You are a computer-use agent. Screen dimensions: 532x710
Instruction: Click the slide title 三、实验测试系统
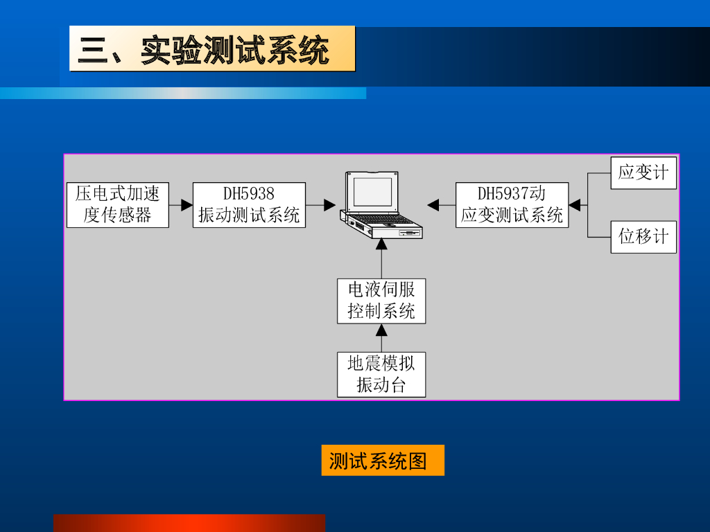click(x=211, y=49)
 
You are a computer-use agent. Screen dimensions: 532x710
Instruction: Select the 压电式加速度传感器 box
click(x=118, y=205)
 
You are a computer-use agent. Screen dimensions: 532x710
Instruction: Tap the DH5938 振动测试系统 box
click(x=249, y=205)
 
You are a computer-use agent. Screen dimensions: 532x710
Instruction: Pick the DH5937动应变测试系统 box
click(x=512, y=205)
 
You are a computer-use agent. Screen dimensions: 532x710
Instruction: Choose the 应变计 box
click(x=643, y=173)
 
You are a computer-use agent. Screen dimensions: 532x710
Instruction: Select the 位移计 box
click(x=643, y=237)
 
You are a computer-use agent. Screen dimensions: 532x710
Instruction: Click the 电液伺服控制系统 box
click(x=381, y=301)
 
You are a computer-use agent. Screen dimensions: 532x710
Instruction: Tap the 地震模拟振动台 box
click(x=381, y=375)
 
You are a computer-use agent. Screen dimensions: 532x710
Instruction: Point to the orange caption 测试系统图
click(x=383, y=460)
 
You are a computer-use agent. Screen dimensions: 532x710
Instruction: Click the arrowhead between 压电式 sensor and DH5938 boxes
click(x=187, y=205)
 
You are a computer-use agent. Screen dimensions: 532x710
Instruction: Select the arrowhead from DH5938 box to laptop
click(x=330, y=205)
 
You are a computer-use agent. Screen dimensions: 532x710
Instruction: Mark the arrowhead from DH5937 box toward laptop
click(x=433, y=205)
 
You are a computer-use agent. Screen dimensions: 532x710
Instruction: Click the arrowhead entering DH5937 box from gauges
click(x=574, y=205)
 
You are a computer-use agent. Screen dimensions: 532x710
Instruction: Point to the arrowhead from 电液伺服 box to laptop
click(x=381, y=244)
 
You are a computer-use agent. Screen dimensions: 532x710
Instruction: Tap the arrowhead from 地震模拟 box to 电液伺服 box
click(x=381, y=329)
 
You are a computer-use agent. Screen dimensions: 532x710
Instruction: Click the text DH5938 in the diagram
click(x=249, y=194)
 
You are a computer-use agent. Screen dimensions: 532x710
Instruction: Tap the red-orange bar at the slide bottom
click(x=189, y=523)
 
